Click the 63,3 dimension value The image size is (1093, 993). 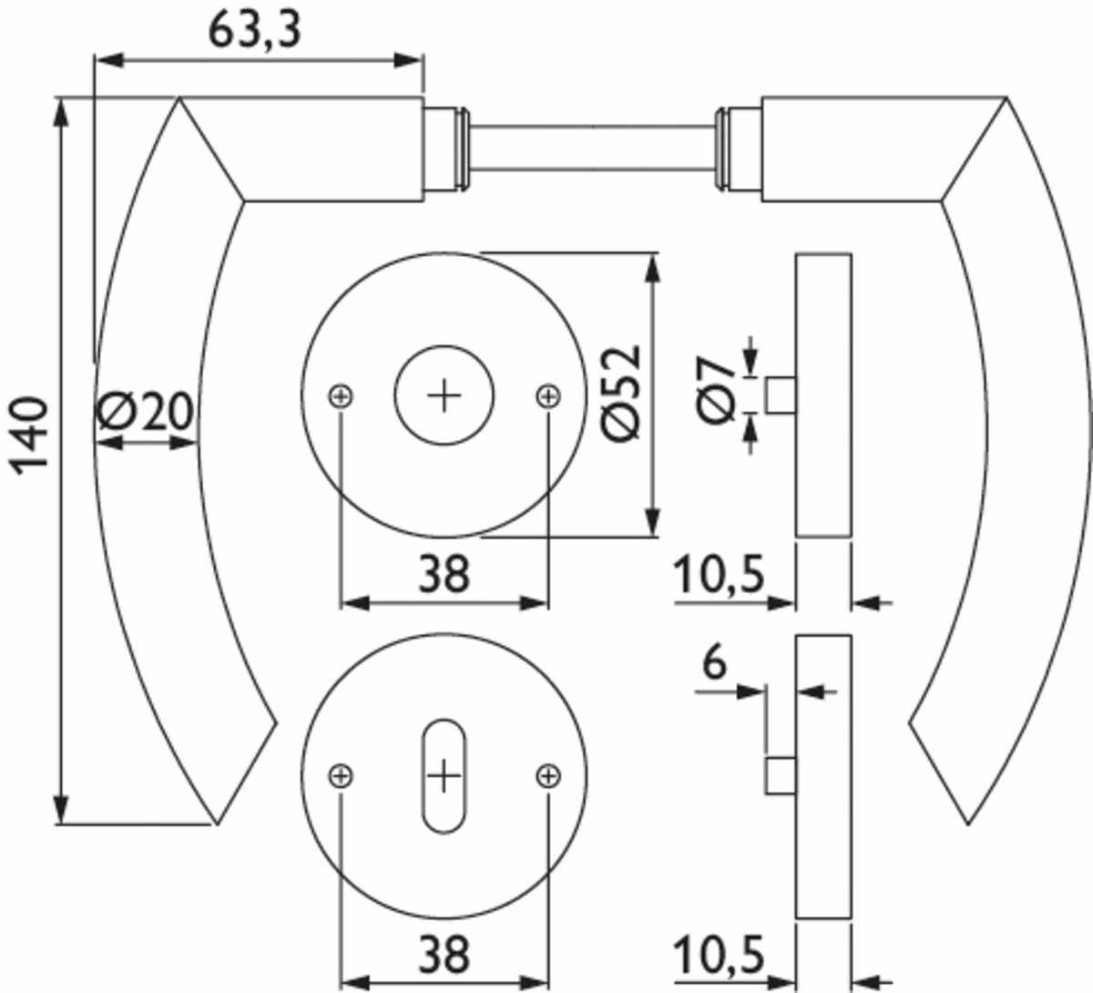(x=254, y=30)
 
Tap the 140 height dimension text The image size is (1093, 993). (x=28, y=436)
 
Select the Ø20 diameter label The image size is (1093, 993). (x=145, y=411)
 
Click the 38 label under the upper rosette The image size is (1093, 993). (x=444, y=575)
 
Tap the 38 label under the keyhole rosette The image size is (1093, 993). (x=444, y=955)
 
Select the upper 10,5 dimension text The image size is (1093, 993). (x=720, y=575)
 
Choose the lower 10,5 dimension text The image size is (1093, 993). (x=720, y=955)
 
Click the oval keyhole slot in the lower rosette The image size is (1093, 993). (x=444, y=775)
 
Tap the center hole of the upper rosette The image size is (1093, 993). (x=444, y=395)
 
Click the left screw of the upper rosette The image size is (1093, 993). (x=341, y=396)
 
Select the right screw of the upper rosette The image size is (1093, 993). (x=548, y=396)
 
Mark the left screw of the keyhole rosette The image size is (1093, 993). (x=341, y=776)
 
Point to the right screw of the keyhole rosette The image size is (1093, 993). (x=548, y=776)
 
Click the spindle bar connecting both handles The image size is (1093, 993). (x=593, y=148)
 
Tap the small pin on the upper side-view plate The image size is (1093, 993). (x=781, y=395)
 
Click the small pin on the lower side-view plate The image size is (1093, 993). (x=781, y=775)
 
